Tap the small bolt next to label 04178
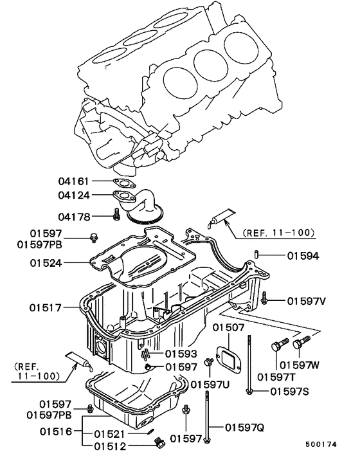pos(116,215)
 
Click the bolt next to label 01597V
pos(265,299)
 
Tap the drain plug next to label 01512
pos(160,444)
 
